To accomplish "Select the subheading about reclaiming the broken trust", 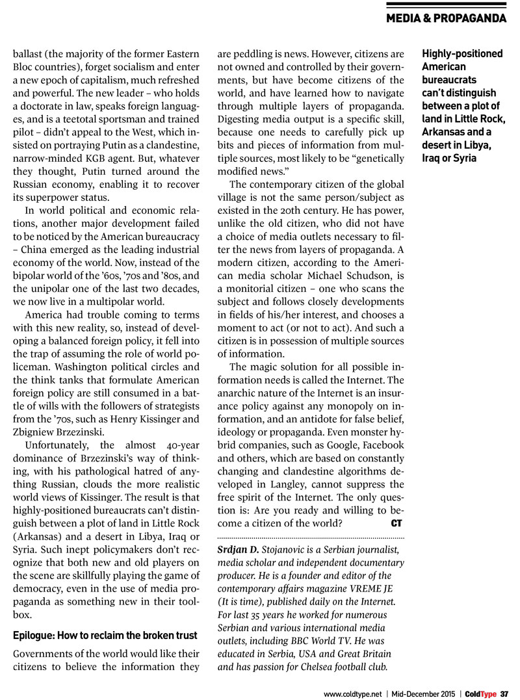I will click(105, 635).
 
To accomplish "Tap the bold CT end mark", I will click(396, 523).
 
